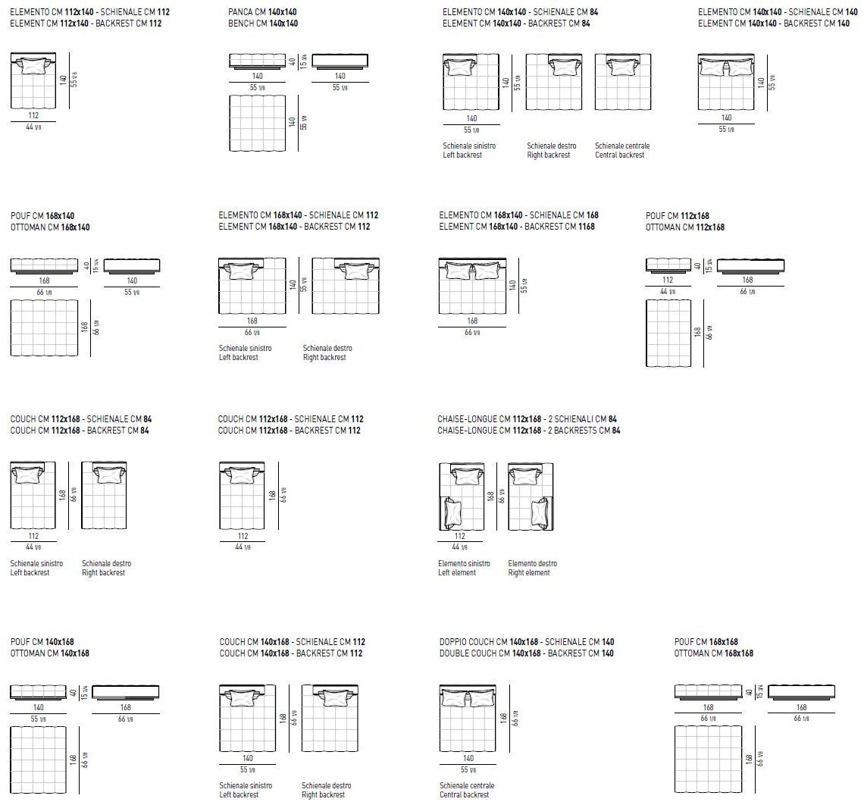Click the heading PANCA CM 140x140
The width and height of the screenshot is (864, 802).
click(262, 13)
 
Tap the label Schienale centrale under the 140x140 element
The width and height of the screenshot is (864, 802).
click(621, 146)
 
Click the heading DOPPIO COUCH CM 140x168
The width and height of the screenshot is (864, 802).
click(526, 641)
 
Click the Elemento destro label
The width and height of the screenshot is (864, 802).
click(532, 563)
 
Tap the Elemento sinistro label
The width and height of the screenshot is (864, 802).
click(464, 563)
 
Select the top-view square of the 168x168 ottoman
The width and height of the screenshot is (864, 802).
click(707, 759)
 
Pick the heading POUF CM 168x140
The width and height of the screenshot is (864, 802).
click(42, 216)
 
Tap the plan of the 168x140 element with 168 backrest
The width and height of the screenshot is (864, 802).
click(471, 286)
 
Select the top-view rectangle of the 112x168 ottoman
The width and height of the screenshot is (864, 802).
click(668, 334)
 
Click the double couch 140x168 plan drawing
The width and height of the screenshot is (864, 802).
click(467, 716)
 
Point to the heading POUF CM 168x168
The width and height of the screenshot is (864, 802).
click(706, 641)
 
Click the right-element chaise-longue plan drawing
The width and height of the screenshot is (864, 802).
click(531, 497)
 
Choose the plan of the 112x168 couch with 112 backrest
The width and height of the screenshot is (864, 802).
click(242, 497)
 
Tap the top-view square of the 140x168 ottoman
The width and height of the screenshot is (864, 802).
click(42, 759)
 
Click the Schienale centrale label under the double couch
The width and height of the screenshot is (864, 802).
click(467, 785)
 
